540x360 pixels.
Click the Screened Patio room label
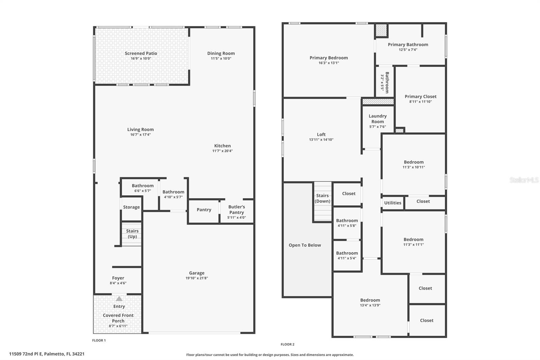[141, 53]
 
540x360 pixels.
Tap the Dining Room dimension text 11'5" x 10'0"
[221, 58]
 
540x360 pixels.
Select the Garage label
[196, 273]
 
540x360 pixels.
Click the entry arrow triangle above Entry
[119, 299]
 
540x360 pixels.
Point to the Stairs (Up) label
[132, 234]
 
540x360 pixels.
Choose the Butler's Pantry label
[237, 209]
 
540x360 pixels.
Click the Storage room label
[131, 207]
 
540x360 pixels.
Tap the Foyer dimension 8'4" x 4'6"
[118, 283]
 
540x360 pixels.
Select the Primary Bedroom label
[328, 58]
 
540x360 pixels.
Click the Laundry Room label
[377, 119]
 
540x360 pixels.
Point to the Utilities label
[393, 203]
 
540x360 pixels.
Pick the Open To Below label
[304, 245]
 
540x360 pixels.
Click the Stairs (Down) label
[322, 198]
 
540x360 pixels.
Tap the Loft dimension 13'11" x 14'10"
[321, 139]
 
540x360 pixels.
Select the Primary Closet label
[420, 97]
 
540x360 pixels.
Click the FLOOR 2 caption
[287, 344]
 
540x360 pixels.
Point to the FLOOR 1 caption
[99, 340]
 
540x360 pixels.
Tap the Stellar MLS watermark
[524, 180]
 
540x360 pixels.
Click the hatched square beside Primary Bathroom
[381, 30]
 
